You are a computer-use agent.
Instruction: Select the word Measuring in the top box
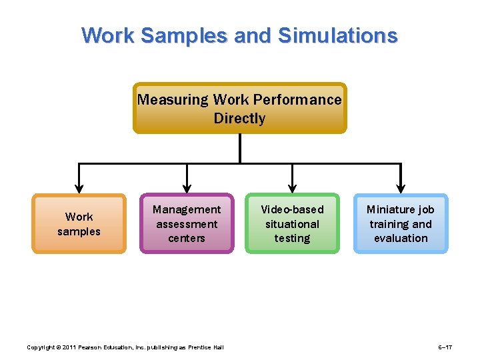[173, 100]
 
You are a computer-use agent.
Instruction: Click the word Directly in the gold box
[239, 119]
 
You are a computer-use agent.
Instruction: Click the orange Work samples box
[79, 224]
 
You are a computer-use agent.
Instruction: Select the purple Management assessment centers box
[187, 224]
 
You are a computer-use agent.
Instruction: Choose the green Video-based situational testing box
[292, 224]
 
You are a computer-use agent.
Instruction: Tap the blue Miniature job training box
[400, 224]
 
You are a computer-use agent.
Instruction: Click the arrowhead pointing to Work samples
[79, 187]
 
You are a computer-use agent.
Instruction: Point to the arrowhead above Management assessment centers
[187, 187]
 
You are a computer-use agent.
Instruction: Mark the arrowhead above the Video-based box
[292, 187]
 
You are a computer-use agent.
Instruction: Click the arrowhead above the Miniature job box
[401, 187]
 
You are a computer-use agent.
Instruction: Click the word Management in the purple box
[187, 210]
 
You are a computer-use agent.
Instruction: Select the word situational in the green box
[292, 224]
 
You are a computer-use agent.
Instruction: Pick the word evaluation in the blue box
[401, 238]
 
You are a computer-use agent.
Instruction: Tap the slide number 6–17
[445, 347]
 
